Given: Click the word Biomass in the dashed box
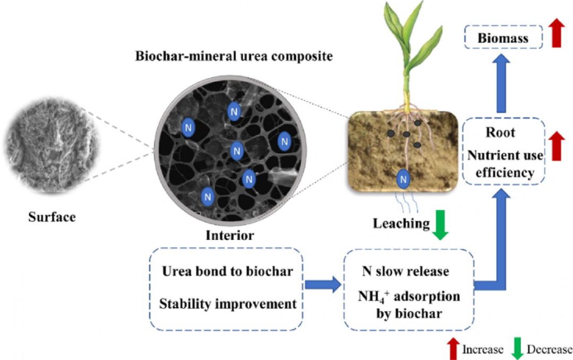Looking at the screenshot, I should point(503,38).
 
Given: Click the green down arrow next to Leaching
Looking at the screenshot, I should point(441,225).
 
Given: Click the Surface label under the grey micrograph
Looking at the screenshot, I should point(52,217).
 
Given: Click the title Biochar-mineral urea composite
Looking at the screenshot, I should point(233,56).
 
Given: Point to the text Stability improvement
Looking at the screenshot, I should point(228,304).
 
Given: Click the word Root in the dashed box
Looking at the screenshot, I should point(500,132).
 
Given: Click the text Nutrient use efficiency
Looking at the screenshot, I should point(504,164).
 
